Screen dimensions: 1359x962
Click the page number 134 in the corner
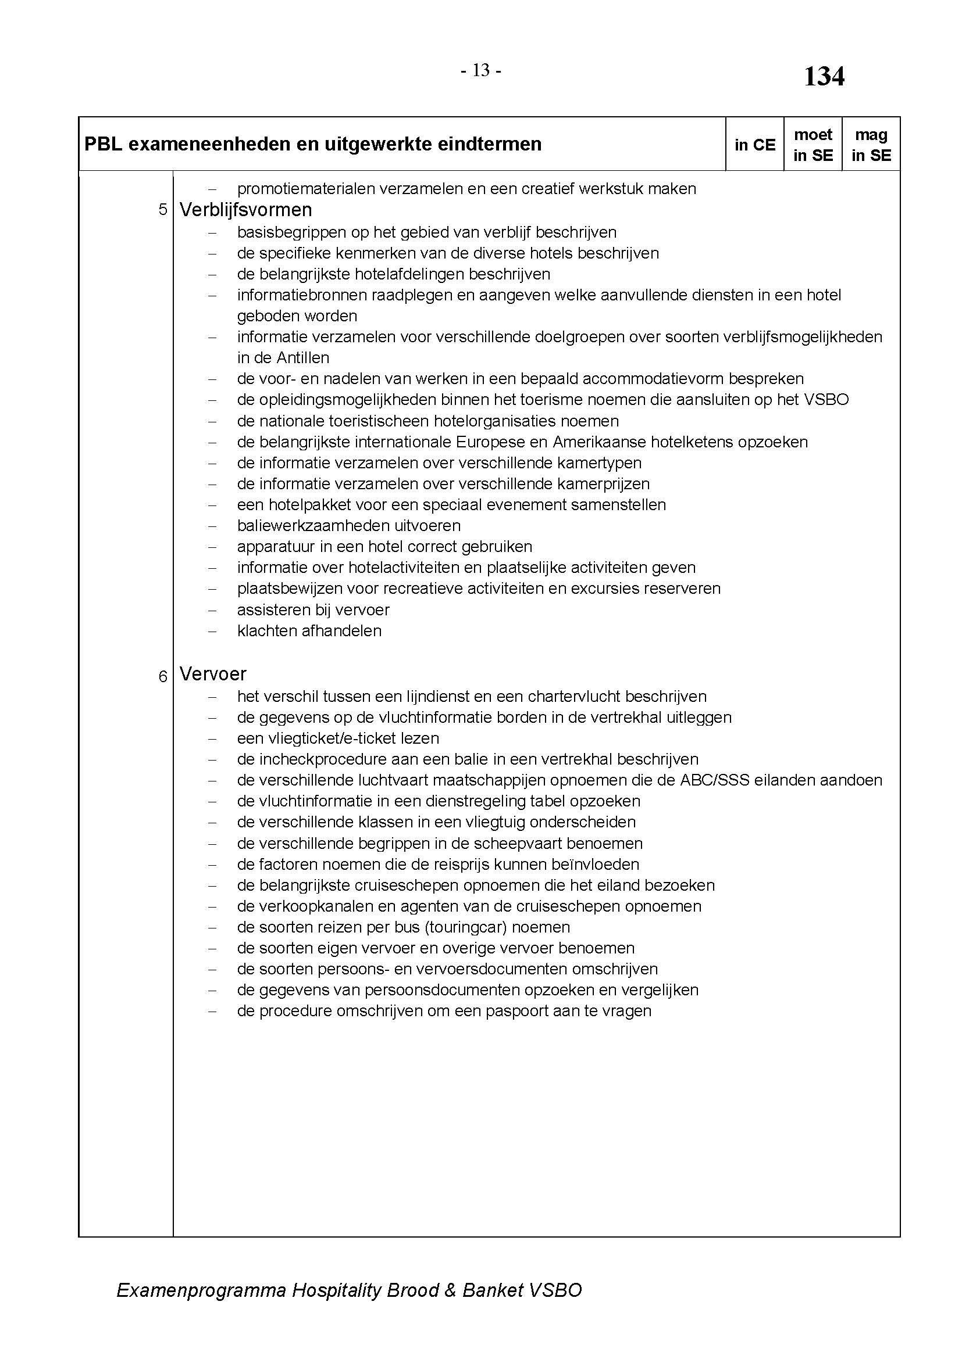pos(824,77)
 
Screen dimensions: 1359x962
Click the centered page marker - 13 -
pos(481,70)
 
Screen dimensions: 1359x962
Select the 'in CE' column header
pos(755,145)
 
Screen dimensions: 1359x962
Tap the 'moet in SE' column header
pos(813,145)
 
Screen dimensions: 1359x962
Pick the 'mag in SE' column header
pos(871,145)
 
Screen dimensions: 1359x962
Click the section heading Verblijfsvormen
pos(245,210)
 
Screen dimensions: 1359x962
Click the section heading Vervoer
pos(213,673)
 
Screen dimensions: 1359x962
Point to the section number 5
pos(163,210)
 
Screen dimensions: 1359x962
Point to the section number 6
pos(163,676)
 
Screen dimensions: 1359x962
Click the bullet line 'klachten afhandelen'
pos(309,631)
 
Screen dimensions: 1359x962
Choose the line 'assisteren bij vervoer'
pos(313,609)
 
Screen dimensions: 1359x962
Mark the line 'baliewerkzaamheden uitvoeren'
pos(349,526)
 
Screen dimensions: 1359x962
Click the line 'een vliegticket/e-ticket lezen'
pos(339,738)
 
